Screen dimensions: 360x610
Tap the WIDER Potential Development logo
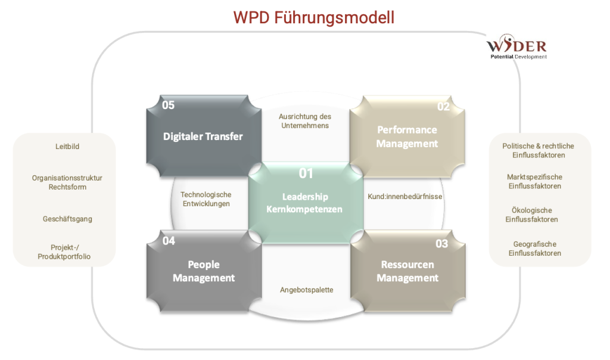[x=516, y=48]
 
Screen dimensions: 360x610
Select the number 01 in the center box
[x=306, y=173]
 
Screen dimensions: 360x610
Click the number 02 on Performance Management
[x=443, y=107]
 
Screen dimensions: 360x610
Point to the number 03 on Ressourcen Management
[x=441, y=243]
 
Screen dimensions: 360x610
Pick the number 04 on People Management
[x=169, y=241]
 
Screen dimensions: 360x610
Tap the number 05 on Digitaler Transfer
[x=169, y=105]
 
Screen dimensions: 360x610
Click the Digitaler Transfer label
[x=203, y=136]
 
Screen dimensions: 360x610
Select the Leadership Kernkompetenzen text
[x=306, y=203]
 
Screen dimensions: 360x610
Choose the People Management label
[x=204, y=271]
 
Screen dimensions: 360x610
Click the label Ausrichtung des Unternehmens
[x=305, y=121]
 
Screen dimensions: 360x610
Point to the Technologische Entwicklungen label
[x=206, y=199]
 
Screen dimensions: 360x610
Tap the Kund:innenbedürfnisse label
[x=405, y=195]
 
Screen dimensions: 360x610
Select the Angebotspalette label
[x=306, y=290]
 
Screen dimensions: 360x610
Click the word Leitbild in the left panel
[x=64, y=146]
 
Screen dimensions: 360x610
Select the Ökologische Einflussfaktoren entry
[x=532, y=215]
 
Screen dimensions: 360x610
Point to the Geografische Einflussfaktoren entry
[x=534, y=248]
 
